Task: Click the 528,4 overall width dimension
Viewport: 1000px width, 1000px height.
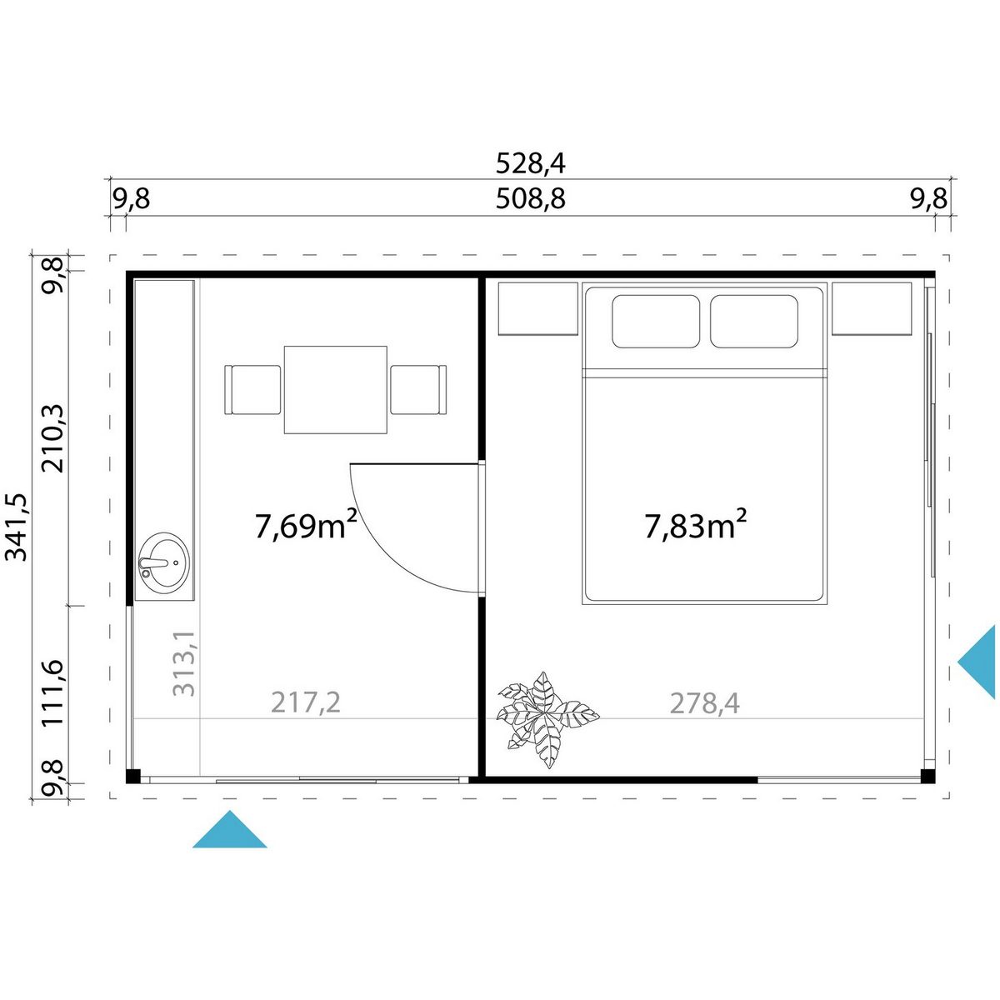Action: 530,164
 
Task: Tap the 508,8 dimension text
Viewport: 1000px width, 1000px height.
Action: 530,199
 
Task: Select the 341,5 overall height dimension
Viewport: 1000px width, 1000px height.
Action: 16,527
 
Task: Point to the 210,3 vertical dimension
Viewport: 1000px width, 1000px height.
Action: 53,438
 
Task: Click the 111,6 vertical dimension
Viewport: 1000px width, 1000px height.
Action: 53,692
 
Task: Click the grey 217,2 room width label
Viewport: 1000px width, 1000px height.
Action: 306,703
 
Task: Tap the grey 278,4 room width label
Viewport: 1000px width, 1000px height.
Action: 705,703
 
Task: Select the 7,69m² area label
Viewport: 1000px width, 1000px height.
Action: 306,525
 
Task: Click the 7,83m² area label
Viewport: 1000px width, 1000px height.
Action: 696,524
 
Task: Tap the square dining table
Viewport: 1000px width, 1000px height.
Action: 336,390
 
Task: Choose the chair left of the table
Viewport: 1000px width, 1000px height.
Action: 252,390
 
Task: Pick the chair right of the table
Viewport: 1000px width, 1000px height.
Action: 419,390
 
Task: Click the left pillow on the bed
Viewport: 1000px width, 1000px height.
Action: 656,321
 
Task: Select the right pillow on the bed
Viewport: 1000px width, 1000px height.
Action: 754,321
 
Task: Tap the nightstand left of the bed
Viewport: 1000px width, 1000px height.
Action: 538,309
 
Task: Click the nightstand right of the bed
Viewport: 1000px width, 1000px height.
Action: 872,309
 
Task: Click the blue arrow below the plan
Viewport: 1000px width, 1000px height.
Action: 229,829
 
